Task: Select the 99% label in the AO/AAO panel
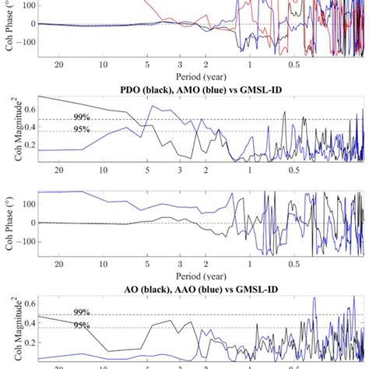coord(82,312)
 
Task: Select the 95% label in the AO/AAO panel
coord(82,325)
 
